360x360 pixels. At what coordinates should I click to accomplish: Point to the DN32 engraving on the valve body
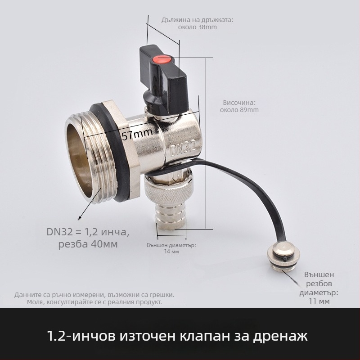pos(184,147)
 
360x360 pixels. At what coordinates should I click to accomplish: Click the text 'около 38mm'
pos(198,27)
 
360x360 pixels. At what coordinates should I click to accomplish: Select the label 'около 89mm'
pos(239,110)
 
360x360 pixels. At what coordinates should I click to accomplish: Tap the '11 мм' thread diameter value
pos(320,301)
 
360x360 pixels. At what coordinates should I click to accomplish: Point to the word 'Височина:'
pos(239,102)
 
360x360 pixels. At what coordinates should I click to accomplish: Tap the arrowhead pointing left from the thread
pos(80,219)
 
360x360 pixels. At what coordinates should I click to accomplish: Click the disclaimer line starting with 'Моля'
pos(94,302)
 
